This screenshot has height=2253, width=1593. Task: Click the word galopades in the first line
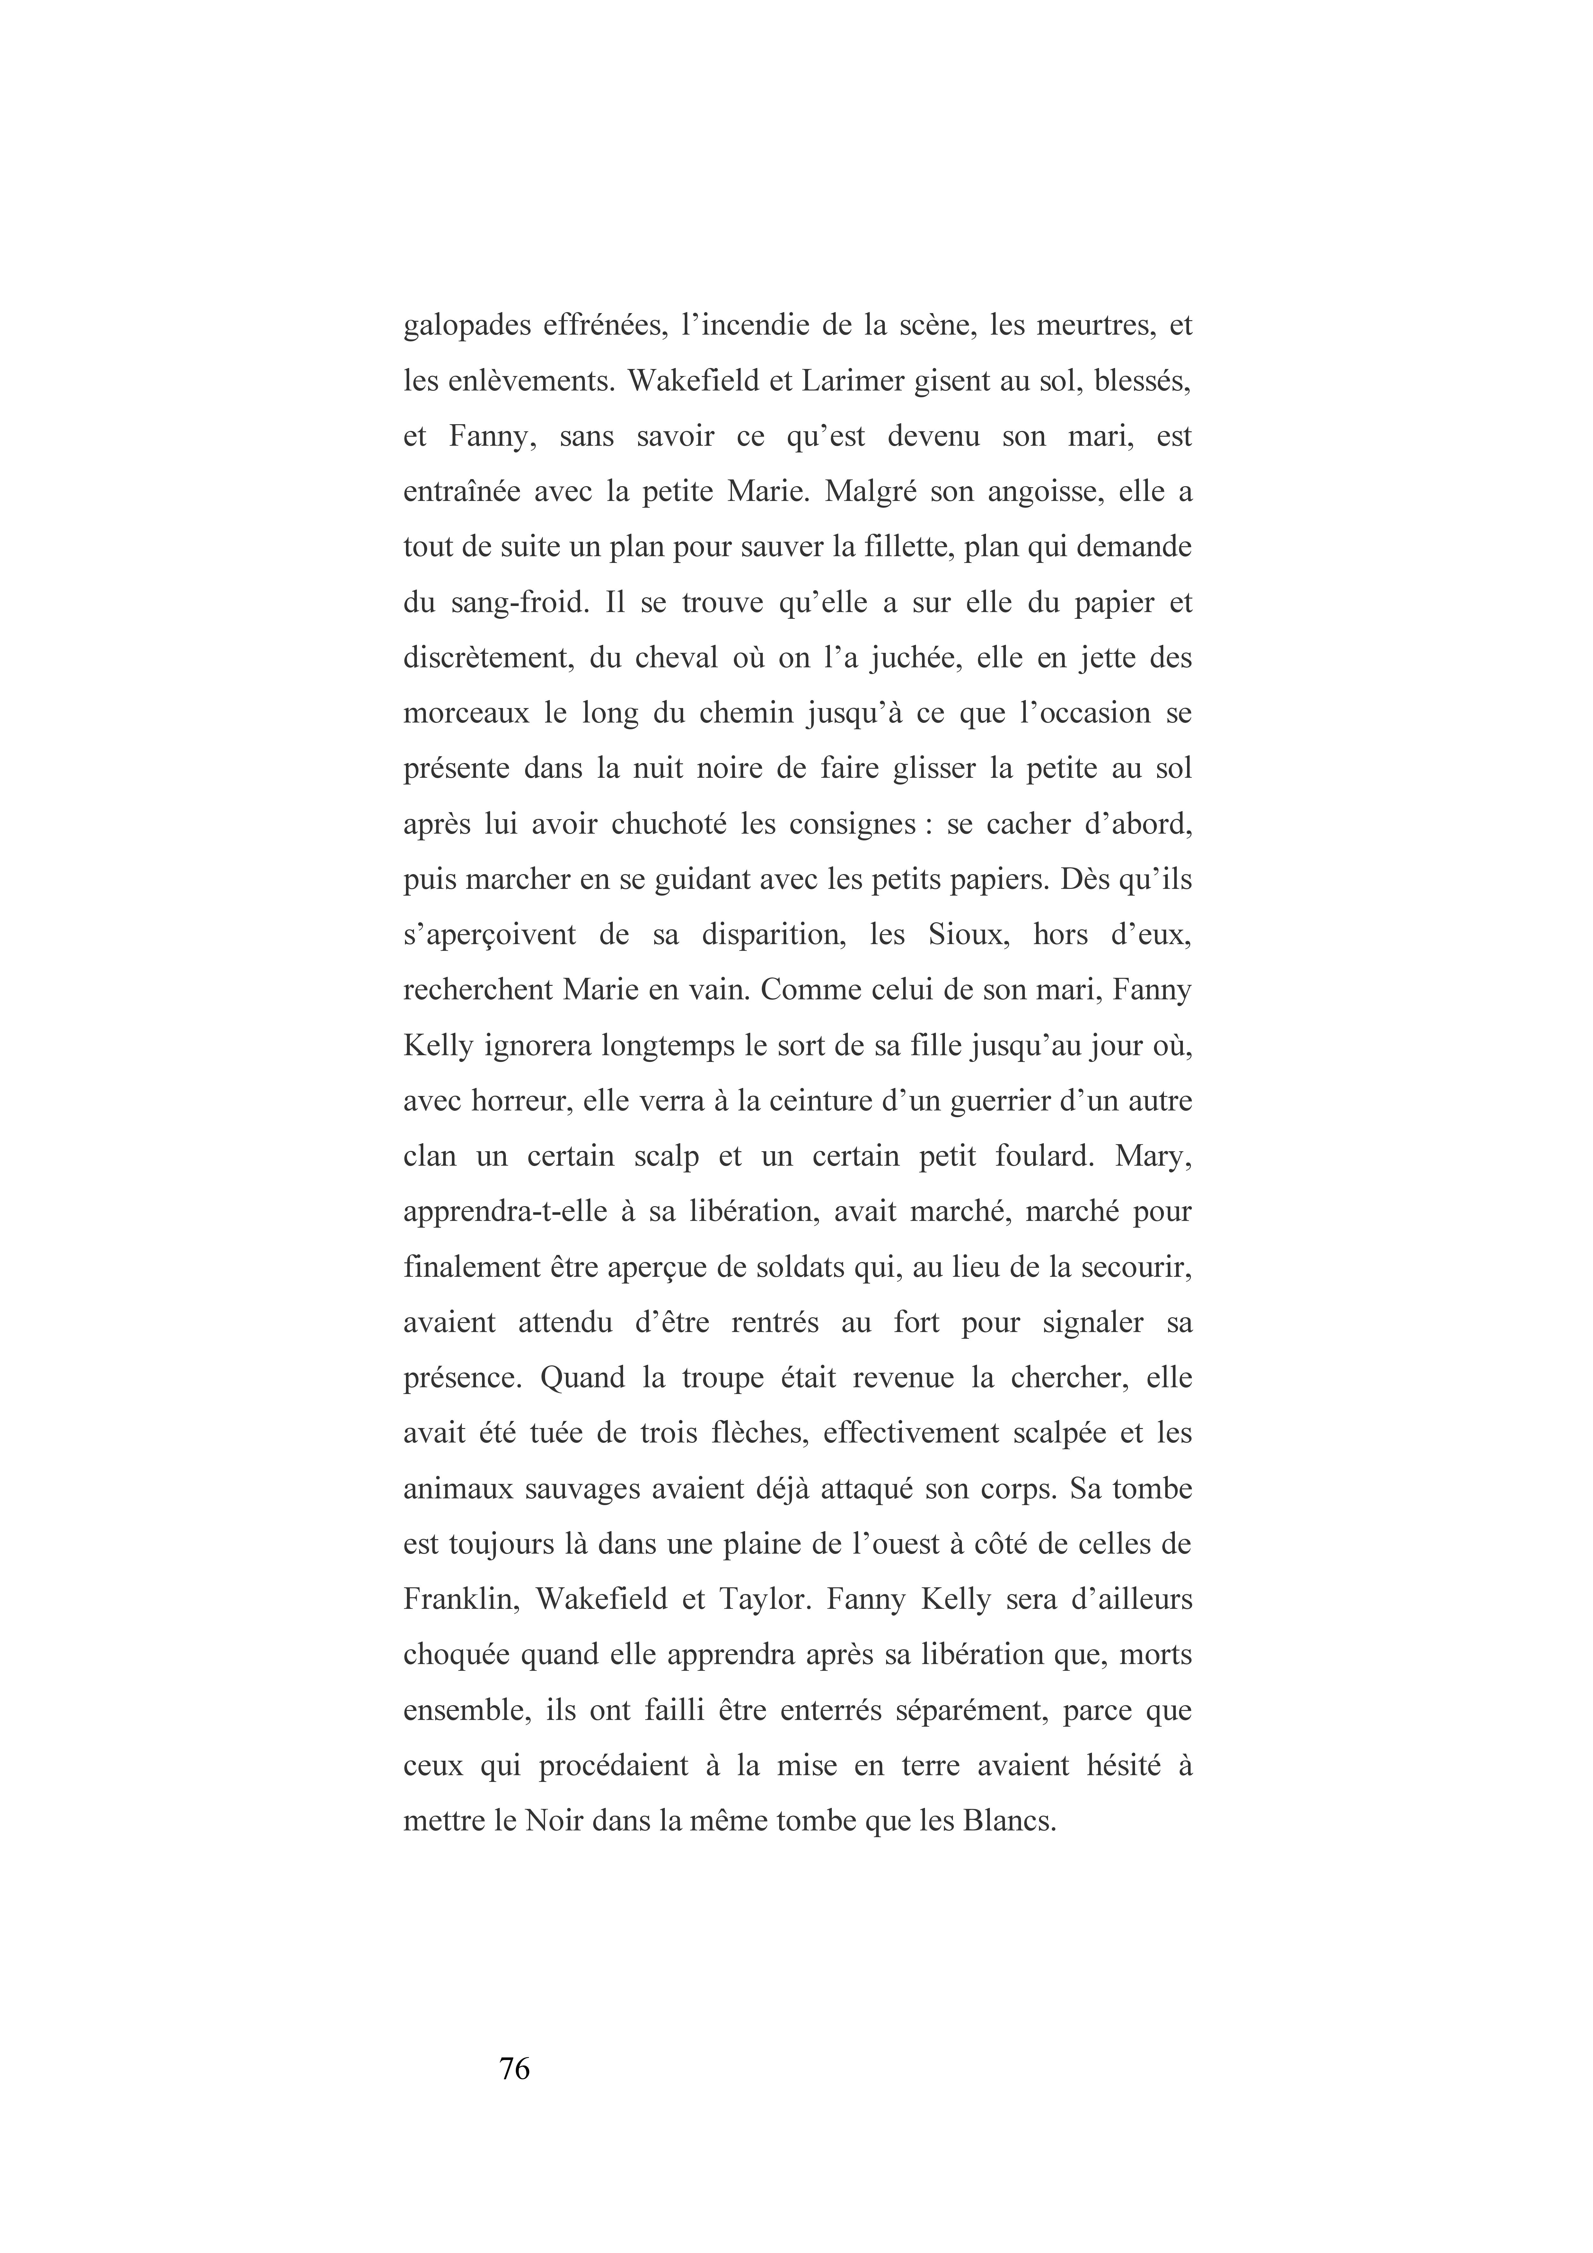[x=465, y=327]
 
